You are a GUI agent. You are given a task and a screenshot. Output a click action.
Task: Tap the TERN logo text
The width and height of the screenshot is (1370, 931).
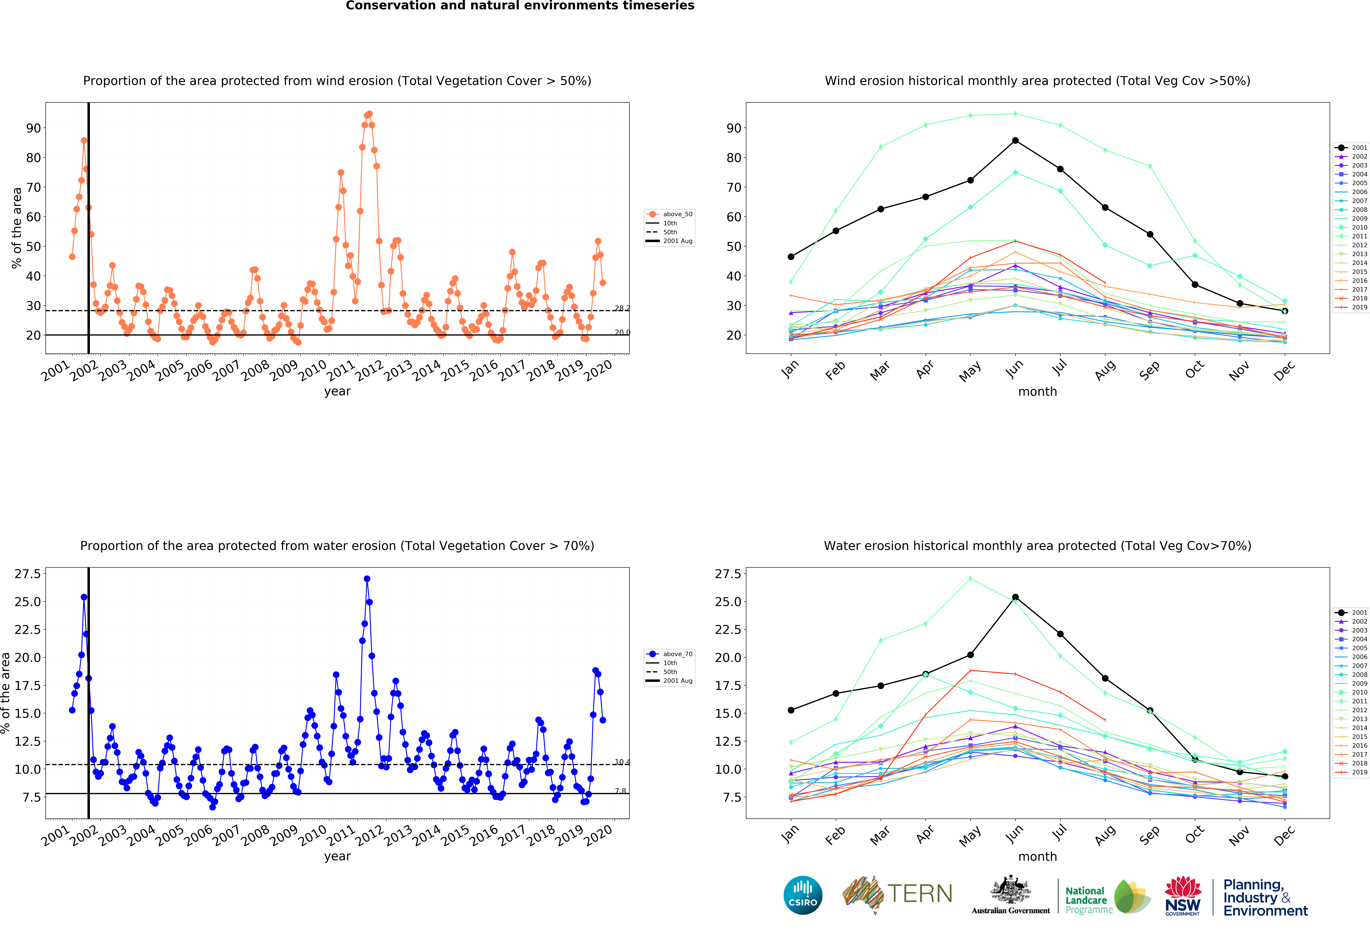(x=920, y=894)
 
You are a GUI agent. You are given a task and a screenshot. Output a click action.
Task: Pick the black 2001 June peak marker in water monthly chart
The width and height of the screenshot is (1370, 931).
(x=1015, y=597)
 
